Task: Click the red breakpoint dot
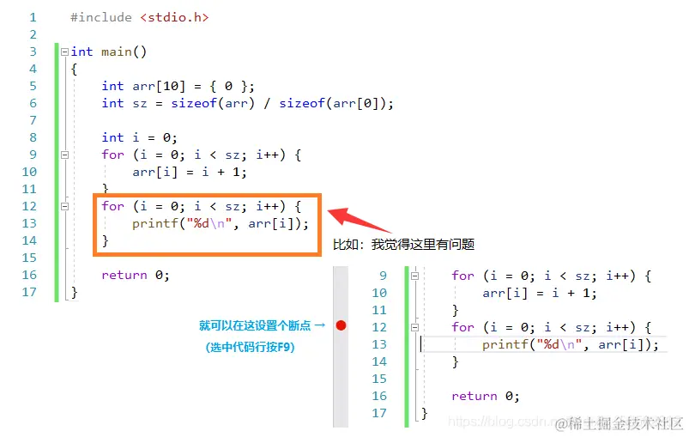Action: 341,326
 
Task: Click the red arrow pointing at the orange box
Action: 360,221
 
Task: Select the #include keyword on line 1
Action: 101,17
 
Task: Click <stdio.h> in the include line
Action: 173,17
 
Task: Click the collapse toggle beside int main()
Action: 64,52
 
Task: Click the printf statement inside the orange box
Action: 220,223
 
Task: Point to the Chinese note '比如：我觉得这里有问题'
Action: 403,245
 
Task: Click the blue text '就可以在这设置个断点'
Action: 256,325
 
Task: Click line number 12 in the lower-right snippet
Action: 379,327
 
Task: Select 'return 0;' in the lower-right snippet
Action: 486,396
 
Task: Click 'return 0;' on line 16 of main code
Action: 136,275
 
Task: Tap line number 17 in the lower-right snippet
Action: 379,413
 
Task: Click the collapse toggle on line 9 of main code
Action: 64,155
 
